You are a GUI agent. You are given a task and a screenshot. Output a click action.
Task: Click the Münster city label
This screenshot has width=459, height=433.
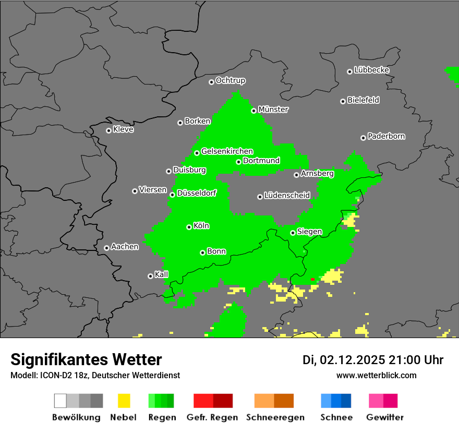coord(273,110)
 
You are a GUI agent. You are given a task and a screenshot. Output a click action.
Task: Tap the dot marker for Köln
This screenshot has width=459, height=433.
coord(189,227)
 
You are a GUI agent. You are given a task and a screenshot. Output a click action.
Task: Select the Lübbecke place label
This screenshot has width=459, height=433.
coord(371,70)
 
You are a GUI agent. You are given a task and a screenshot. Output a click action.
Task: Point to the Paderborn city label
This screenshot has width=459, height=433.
coord(386,137)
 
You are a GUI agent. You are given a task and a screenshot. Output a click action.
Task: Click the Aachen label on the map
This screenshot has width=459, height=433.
coord(125,247)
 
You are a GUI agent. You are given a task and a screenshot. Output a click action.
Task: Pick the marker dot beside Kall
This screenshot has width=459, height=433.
coord(151,276)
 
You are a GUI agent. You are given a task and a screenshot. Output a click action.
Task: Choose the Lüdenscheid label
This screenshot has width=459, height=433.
coord(287,196)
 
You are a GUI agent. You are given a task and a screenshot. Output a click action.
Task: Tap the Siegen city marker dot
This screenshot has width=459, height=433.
coord(293,233)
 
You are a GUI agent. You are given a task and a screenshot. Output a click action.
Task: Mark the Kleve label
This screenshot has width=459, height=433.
coord(123,129)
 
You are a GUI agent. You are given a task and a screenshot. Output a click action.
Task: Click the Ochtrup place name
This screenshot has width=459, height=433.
coord(230,81)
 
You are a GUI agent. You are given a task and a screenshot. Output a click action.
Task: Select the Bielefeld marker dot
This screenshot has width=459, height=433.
coord(343,101)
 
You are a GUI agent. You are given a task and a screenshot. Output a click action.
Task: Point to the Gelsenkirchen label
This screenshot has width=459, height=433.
coord(227,152)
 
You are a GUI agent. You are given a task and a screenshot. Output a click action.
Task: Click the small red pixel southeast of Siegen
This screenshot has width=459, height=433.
coord(312,280)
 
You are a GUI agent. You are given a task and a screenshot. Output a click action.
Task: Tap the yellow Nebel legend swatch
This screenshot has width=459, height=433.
coord(124,401)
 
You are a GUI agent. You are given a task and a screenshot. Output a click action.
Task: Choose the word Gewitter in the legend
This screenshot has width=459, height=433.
coord(385,417)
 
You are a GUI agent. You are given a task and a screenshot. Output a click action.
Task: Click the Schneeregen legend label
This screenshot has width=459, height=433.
coord(274,417)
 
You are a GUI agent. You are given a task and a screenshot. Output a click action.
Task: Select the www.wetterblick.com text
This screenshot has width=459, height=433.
coord(376,376)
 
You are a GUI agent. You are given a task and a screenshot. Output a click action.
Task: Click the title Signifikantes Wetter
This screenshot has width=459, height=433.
coord(86,359)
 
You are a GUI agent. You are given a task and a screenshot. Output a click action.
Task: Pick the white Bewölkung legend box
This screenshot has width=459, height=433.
coord(61,401)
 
